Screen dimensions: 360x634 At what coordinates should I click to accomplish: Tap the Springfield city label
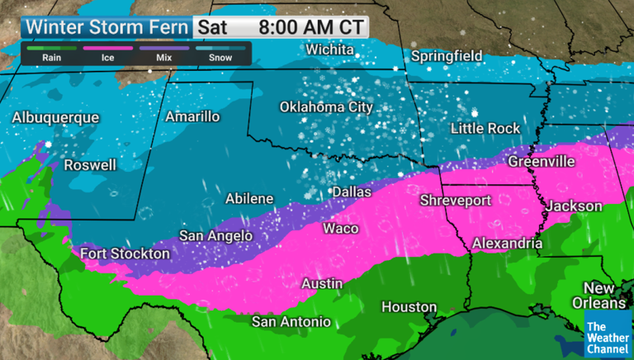[x=447, y=56]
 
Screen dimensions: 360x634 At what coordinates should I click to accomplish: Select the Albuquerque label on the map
[x=55, y=118]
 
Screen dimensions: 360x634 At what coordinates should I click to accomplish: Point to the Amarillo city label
[x=192, y=116]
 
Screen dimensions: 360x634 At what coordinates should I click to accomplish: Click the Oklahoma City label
[x=326, y=107]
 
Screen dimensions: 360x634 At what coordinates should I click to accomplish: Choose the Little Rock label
[x=485, y=128]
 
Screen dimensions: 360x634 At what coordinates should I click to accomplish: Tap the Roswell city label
[x=90, y=164]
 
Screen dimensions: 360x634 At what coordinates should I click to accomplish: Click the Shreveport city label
[x=456, y=201]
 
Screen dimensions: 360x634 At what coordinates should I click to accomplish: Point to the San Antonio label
[x=291, y=320]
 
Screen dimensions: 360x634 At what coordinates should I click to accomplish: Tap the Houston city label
[x=409, y=307]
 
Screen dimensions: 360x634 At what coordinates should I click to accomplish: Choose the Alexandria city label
[x=507, y=244]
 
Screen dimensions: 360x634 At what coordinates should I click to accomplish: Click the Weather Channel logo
[x=607, y=335]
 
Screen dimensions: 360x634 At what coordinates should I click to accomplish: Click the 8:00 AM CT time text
[x=310, y=26]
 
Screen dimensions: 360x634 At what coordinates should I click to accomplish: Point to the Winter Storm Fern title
[x=107, y=26]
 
